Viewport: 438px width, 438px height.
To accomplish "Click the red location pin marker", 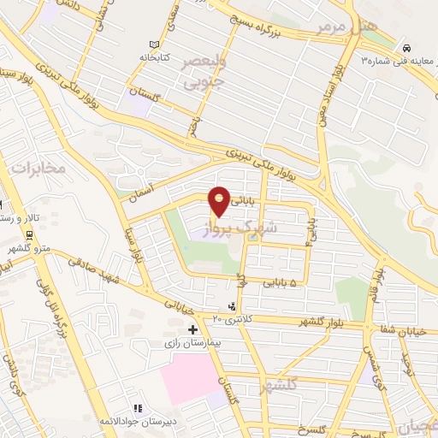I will click(x=221, y=200).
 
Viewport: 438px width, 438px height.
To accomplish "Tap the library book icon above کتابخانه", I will click(x=154, y=44).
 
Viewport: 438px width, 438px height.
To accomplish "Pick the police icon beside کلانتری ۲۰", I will click(x=232, y=306).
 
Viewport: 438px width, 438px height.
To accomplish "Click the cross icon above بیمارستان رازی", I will click(x=193, y=328).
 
